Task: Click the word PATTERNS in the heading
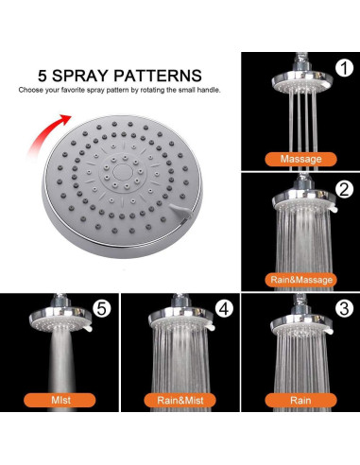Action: [158, 76]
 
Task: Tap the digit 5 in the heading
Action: [43, 76]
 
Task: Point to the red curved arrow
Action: [48, 134]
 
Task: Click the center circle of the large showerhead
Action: [123, 172]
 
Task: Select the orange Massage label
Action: [300, 159]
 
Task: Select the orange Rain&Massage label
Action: [301, 280]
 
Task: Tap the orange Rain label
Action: [300, 400]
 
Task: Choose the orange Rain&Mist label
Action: [180, 400]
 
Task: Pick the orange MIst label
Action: [60, 400]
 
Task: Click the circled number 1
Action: [345, 68]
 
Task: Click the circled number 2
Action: [345, 189]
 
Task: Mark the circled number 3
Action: [345, 309]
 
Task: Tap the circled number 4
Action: [224, 309]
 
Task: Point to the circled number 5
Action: [102, 309]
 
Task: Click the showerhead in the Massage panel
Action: [301, 78]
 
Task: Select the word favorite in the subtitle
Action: [73, 90]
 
